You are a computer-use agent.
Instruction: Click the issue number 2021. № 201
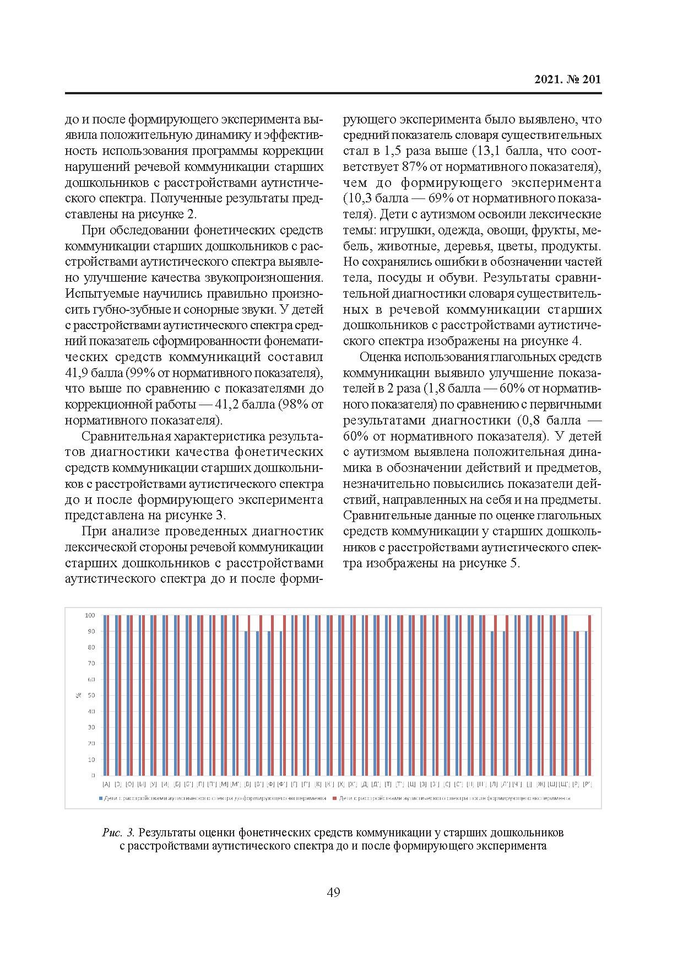point(568,79)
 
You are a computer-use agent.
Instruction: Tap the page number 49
point(333,891)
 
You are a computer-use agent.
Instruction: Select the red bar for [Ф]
point(273,695)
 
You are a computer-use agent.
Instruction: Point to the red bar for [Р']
point(590,695)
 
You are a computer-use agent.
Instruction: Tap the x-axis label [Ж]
point(540,783)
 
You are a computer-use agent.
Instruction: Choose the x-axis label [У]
point(153,783)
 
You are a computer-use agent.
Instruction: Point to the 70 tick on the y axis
point(91,663)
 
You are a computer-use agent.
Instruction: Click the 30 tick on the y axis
point(91,727)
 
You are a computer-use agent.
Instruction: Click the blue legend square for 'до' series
point(100,798)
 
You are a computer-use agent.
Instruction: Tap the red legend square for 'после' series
point(335,798)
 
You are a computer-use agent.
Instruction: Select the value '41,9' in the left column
point(78,373)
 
